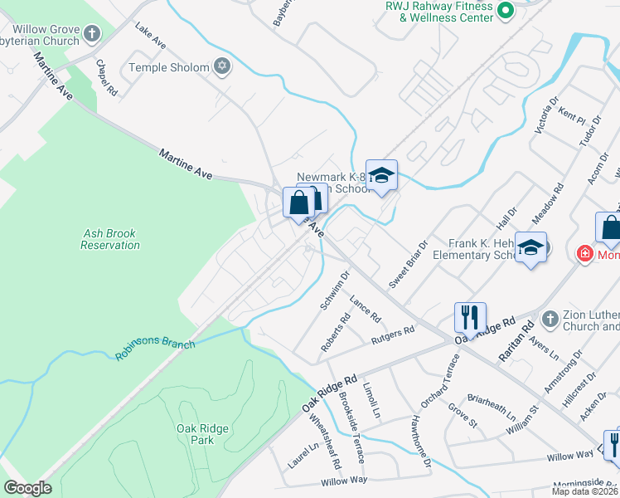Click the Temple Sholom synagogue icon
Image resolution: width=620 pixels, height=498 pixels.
(221, 66)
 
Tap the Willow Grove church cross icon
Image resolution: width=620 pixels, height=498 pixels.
(92, 34)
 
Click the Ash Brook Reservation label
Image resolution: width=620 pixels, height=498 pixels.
(111, 240)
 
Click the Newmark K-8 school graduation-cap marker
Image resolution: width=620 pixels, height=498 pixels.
(381, 175)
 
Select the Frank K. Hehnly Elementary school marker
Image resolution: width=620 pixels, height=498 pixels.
(530, 247)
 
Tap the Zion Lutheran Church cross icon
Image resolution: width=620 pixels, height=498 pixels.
(548, 319)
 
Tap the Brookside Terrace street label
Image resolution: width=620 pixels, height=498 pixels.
(352, 428)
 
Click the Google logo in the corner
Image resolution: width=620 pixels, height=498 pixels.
(28, 488)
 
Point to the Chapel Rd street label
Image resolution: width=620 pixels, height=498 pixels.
(106, 76)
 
